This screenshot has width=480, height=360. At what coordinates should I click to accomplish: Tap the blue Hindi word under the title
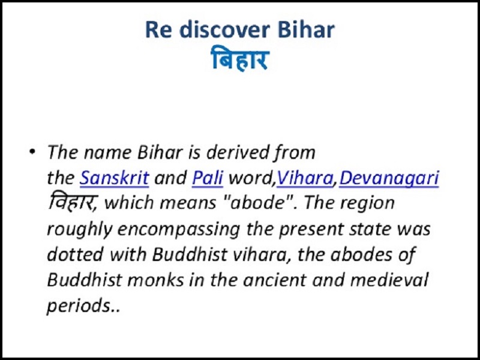[x=241, y=58]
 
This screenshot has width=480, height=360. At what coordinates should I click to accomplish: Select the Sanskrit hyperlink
[x=114, y=178]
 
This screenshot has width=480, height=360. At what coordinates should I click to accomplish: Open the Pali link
[x=207, y=178]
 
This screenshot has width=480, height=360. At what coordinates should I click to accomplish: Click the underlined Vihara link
[x=305, y=178]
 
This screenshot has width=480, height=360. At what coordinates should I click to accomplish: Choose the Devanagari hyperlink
[x=389, y=178]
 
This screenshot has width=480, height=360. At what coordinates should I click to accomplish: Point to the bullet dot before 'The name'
[x=32, y=151]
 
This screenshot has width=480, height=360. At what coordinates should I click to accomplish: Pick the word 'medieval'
[x=388, y=280]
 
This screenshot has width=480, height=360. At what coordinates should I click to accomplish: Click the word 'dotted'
[x=75, y=254]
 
